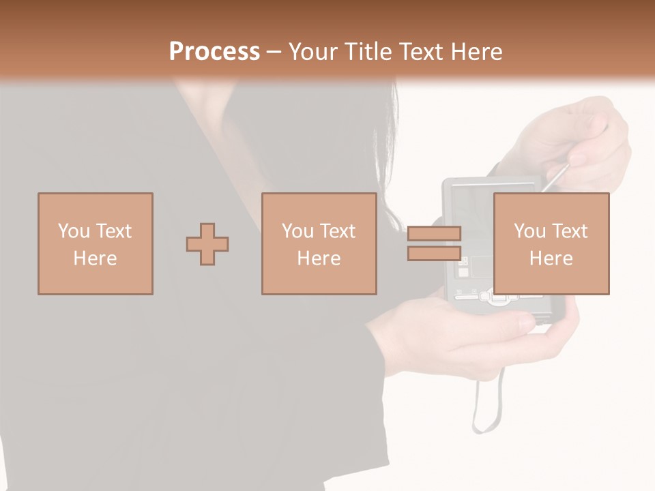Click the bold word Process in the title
214,52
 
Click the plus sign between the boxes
207,243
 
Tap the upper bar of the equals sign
434,233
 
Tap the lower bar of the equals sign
434,253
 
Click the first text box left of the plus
96,243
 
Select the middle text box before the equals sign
319,243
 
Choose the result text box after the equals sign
551,243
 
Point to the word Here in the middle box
319,258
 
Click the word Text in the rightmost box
570,231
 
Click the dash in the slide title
274,52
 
